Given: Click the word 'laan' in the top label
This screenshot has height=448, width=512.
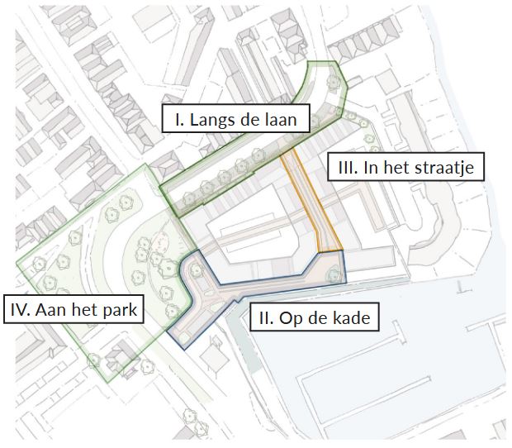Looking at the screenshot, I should [281, 120].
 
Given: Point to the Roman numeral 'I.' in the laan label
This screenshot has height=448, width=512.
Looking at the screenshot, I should [178, 120].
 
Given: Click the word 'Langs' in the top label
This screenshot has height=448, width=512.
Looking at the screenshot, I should [211, 120].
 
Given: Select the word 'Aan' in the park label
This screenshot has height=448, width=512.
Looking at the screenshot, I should [50, 311].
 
